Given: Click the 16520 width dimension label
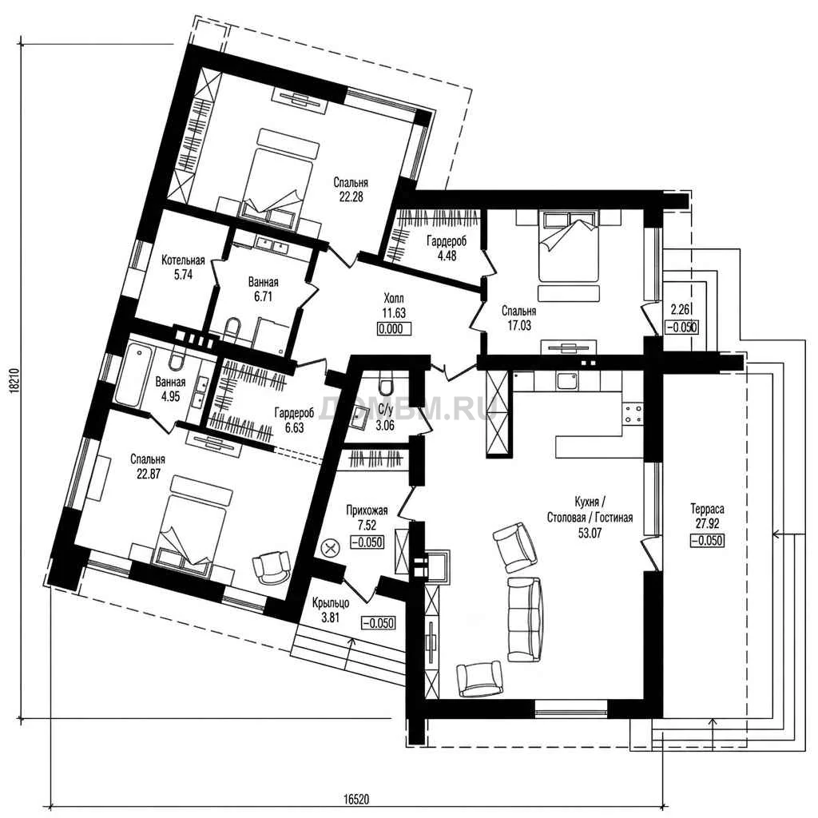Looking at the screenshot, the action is click(x=355, y=799).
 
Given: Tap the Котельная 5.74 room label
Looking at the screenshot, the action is click(x=183, y=267).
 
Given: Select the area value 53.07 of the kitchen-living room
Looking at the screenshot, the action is click(x=590, y=533).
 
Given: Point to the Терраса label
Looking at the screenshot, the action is click(x=707, y=508).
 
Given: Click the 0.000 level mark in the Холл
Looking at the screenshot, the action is click(x=394, y=329).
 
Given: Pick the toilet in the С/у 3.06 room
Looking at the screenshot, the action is click(x=387, y=383).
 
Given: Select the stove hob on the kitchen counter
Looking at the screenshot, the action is click(x=633, y=414).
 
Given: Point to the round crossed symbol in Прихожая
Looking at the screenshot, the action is click(x=330, y=548).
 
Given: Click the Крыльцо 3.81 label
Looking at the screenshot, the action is click(x=331, y=611).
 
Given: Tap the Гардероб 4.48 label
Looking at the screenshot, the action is click(x=447, y=248).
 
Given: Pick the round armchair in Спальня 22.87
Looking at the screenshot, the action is click(x=272, y=566).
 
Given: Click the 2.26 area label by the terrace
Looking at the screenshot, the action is click(x=680, y=310).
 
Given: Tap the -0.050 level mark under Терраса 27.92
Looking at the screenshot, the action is click(x=708, y=541).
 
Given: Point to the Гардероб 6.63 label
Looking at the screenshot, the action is click(x=295, y=420).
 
